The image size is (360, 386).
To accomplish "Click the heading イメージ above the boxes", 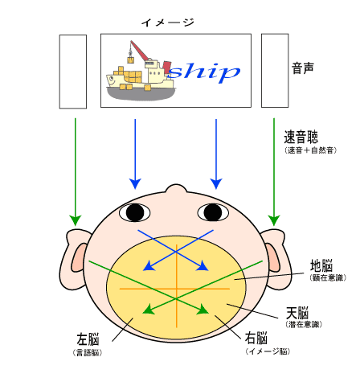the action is [x=168, y=23].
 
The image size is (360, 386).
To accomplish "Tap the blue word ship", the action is [x=204, y=72].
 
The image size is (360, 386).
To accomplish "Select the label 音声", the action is [x=303, y=68].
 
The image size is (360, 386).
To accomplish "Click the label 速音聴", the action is [x=301, y=137].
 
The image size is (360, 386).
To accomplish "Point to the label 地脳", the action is [x=321, y=265].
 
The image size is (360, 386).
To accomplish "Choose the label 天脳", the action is [x=297, y=313].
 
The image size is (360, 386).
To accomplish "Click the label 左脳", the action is [x=88, y=339].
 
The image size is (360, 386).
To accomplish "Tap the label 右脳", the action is [x=256, y=338].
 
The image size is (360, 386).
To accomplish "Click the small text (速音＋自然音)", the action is [x=310, y=150].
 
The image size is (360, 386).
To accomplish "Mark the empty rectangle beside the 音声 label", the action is [x=275, y=71].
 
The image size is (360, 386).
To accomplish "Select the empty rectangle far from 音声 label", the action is [x=73, y=72].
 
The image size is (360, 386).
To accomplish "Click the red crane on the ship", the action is [x=140, y=51].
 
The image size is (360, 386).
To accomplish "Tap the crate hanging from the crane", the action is [x=131, y=60].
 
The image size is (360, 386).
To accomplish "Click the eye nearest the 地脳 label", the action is [x=213, y=212].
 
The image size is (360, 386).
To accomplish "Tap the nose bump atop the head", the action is [x=176, y=188].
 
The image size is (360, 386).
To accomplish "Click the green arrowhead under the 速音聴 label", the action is [x=274, y=220].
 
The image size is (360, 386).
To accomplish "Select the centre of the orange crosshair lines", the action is [x=177, y=289].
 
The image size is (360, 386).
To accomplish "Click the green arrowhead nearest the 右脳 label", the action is [x=203, y=310].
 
